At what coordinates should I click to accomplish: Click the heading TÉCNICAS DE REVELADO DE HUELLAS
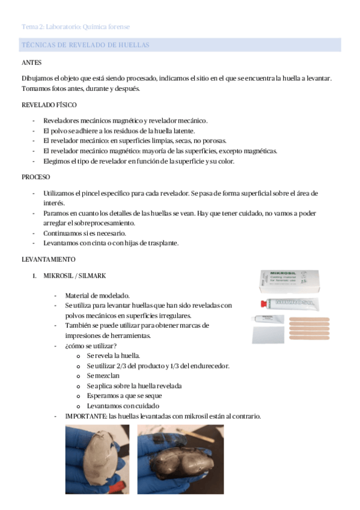point(85,45)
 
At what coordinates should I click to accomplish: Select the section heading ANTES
point(31,63)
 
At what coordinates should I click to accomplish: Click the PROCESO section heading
point(36,178)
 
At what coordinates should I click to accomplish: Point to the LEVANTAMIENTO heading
point(48,259)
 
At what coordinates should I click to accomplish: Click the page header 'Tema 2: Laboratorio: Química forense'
point(75,27)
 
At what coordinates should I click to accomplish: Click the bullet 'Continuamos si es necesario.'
point(84,233)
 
